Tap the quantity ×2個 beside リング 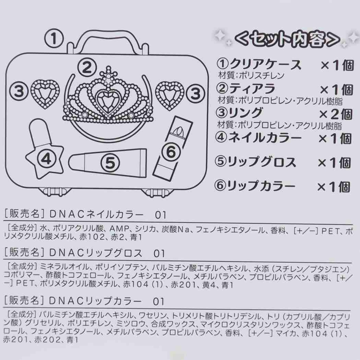click(x=335, y=114)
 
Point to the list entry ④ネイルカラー click(x=258, y=138)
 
